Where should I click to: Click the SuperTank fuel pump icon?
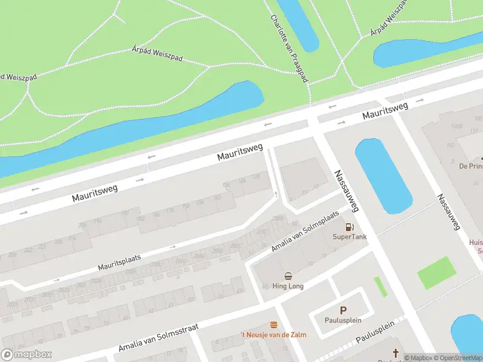pyautogui.click(x=349, y=227)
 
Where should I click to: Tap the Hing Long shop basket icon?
pyautogui.click(x=288, y=276)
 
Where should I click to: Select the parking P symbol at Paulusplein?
pyautogui.click(x=343, y=310)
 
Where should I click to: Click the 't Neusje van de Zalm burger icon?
pyautogui.click(x=273, y=325)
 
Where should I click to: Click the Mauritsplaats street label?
pyautogui.click(x=120, y=261)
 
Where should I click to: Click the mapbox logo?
pyautogui.click(x=25, y=355)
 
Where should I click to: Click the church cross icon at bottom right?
pyautogui.click(x=396, y=353)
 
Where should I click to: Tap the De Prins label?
pyautogui.click(x=470, y=166)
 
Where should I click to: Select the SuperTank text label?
pyautogui.click(x=349, y=237)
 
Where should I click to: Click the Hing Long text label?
pyautogui.click(x=288, y=286)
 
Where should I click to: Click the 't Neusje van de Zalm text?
pyautogui.click(x=273, y=335)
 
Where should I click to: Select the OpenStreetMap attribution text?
pyautogui.click(x=456, y=358)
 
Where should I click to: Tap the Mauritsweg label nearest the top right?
pyautogui.click(x=385, y=110)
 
